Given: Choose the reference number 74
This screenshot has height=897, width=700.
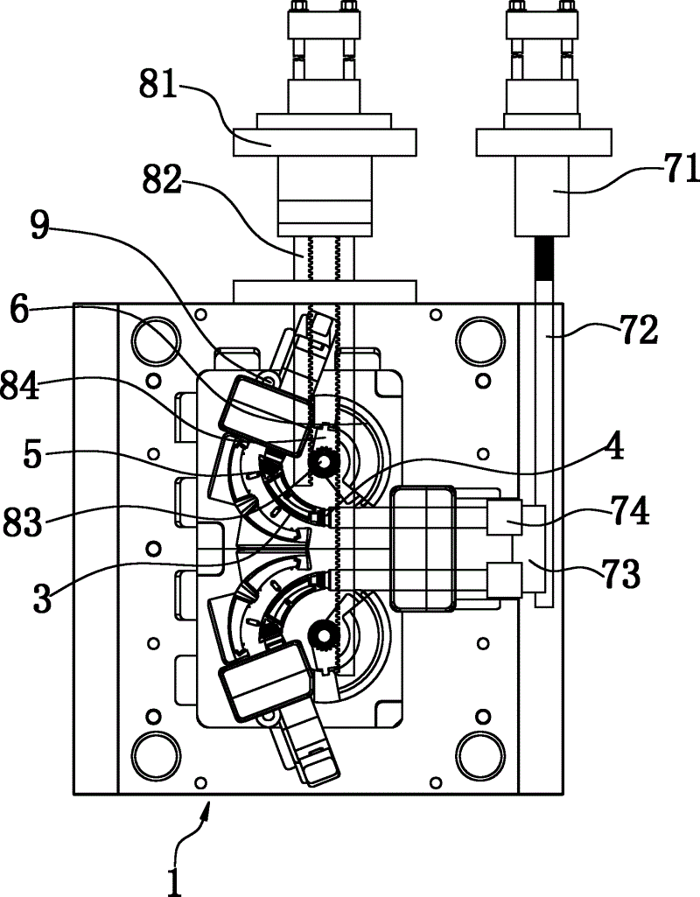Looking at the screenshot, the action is [x=629, y=511].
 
